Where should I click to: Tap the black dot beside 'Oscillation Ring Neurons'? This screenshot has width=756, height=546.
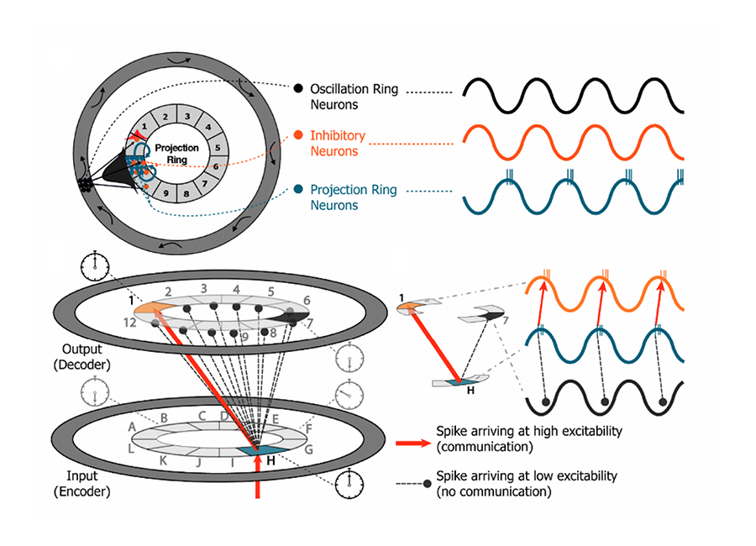[298, 87]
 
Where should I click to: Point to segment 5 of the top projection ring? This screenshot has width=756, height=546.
[217, 147]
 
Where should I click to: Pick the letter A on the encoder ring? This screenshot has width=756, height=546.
[132, 427]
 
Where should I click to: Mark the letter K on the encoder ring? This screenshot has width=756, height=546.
[162, 461]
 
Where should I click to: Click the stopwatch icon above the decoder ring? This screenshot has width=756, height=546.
[94, 266]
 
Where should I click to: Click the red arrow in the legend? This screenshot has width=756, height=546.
[412, 437]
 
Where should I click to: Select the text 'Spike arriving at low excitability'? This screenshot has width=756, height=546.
[527, 476]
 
